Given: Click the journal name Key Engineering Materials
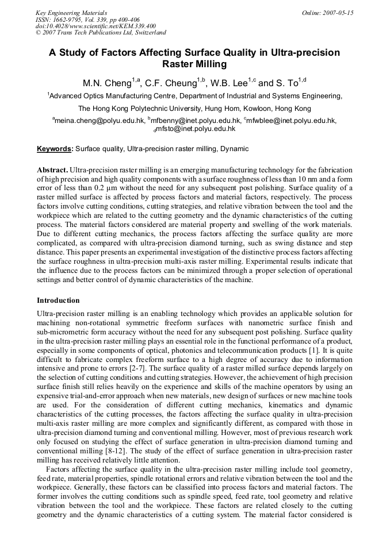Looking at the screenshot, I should click(71, 12).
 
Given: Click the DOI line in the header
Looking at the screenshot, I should click(95, 26).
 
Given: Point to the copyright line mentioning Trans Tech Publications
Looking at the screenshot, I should click(101, 33).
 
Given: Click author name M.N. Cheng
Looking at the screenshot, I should click(107, 83).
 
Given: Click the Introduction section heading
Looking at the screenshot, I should click(58, 300).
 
